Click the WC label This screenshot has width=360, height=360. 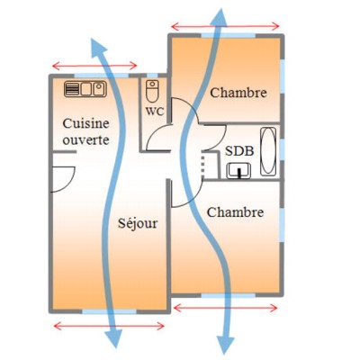tap(155, 112)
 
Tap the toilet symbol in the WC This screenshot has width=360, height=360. tap(152, 91)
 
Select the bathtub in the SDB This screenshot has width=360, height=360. tap(268, 151)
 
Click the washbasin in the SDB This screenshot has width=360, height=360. tap(238, 171)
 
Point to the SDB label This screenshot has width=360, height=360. tap(239, 151)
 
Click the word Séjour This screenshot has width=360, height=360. tap(138, 223)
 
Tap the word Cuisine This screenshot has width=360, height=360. tap(85, 123)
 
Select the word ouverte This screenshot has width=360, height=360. tap(85, 140)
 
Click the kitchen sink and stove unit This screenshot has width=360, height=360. tap(85, 89)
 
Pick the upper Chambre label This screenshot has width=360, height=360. tap(238, 93)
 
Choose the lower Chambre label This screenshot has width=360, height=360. tap(235, 212)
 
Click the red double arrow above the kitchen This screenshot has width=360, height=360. tap(94, 66)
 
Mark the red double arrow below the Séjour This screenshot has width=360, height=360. tap(109, 326)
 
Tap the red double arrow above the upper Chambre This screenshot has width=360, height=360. tap(226, 26)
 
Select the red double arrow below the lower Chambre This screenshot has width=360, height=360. tap(226, 308)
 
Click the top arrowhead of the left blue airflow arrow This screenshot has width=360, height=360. tap(98, 48)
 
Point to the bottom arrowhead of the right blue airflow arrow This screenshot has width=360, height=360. tap(225, 344)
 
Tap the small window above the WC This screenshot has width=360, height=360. tap(153, 76)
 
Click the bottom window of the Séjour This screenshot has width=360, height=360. tap(110, 311)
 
